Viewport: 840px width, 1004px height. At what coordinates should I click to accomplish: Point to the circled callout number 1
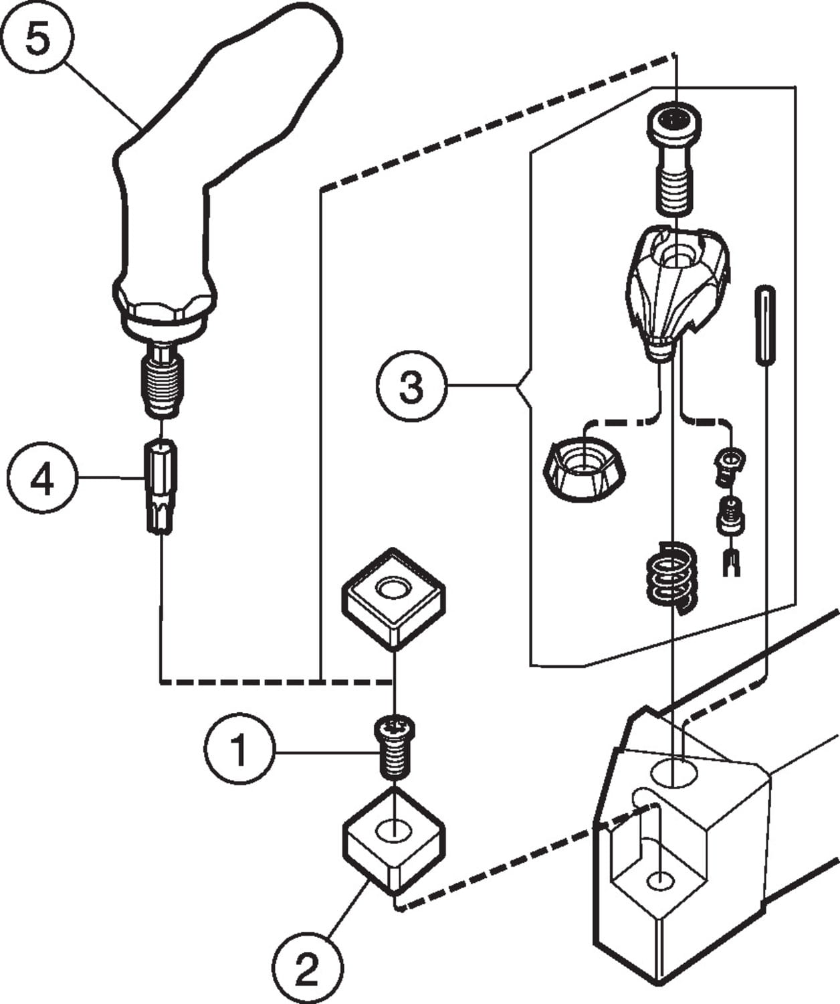pyautogui.click(x=239, y=749)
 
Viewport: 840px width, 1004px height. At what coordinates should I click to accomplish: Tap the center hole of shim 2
pyautogui.click(x=393, y=832)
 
